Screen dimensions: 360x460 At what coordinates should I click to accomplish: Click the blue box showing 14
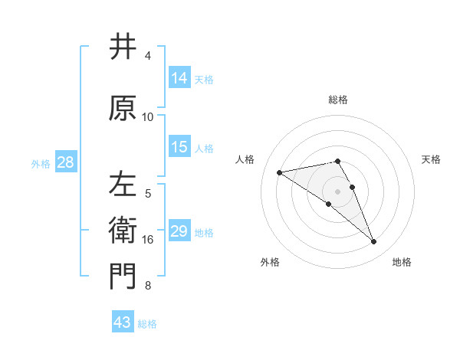pos(179,77)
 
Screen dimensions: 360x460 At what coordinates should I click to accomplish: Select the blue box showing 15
pos(179,147)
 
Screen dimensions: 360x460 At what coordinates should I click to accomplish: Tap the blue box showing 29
pos(179,231)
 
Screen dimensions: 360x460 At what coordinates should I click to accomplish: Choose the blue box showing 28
pos(64,162)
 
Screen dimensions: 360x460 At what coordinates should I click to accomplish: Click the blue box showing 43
pos(122,322)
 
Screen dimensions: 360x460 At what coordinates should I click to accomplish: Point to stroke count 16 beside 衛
pos(148,240)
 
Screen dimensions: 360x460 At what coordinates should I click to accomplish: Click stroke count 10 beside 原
pos(148,116)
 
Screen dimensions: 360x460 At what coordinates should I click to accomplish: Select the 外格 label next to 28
pos(41,163)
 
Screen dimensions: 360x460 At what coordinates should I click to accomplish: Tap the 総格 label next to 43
pos(147,324)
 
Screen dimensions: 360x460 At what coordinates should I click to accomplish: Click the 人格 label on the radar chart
pos(245,159)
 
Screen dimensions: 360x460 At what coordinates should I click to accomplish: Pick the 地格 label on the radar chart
pos(402,262)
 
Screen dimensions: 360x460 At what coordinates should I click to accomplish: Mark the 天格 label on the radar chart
pos(431,159)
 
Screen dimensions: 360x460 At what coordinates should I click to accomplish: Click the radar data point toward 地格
pos(374,242)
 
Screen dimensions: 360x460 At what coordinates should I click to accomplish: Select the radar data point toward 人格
pos(280,172)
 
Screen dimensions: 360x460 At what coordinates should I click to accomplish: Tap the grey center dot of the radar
pos(337,191)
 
